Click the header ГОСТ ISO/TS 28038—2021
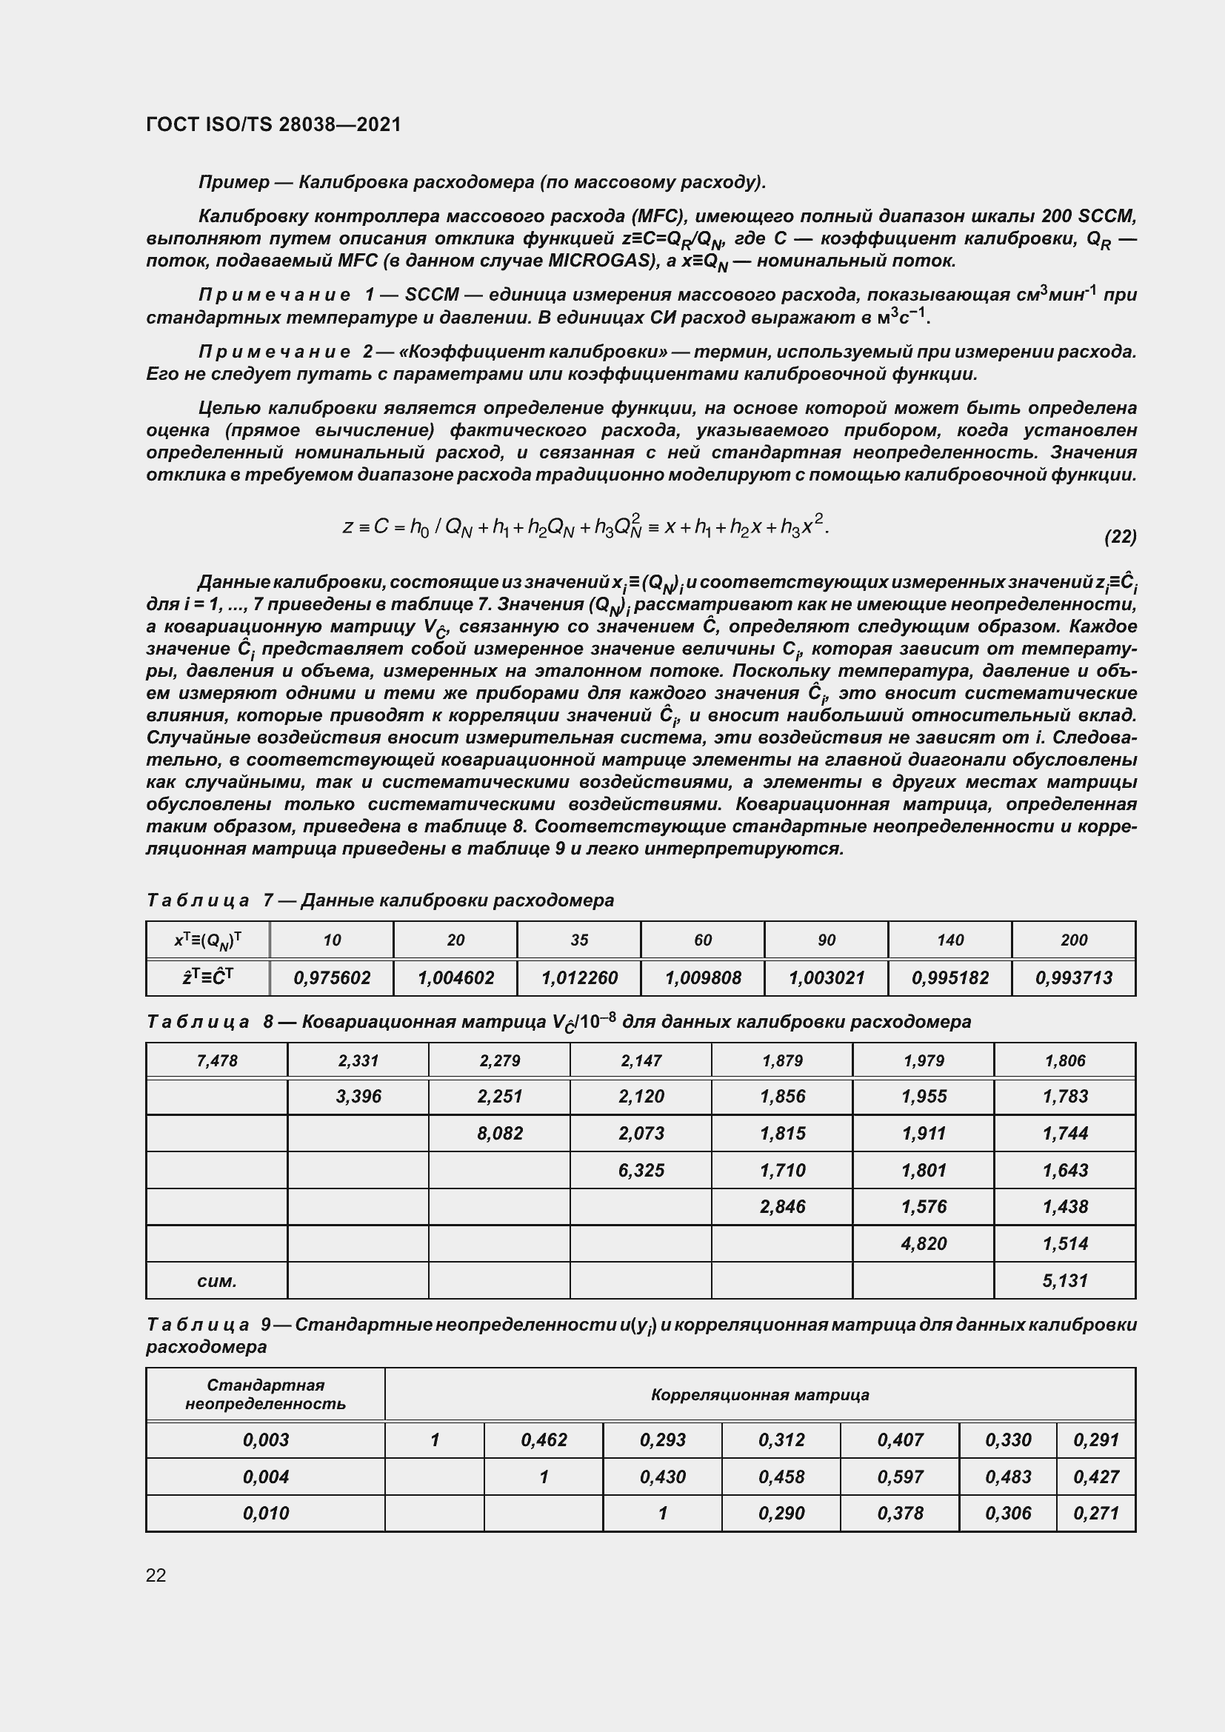click(273, 124)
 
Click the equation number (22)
click(1120, 536)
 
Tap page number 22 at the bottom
click(156, 1575)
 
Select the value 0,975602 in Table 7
click(332, 978)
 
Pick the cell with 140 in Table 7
click(949, 940)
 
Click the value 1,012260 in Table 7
click(579, 978)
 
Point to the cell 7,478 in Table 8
click(216, 1060)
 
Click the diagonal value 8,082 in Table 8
click(499, 1134)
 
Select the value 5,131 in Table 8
click(1065, 1280)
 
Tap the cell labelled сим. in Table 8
click(216, 1281)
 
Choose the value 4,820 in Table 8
click(924, 1244)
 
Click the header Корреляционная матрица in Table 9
click(760, 1395)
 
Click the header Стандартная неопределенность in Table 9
click(266, 1394)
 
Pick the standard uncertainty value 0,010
click(266, 1514)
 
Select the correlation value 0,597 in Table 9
click(900, 1477)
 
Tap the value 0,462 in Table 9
click(543, 1440)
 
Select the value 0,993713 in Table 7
click(1073, 978)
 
